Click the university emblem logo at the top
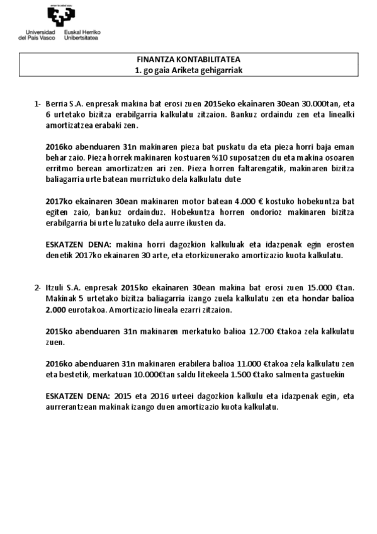(64, 16)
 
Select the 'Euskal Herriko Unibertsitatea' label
(83, 35)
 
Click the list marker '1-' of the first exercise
(38, 103)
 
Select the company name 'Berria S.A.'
(63, 103)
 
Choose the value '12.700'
(261, 331)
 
